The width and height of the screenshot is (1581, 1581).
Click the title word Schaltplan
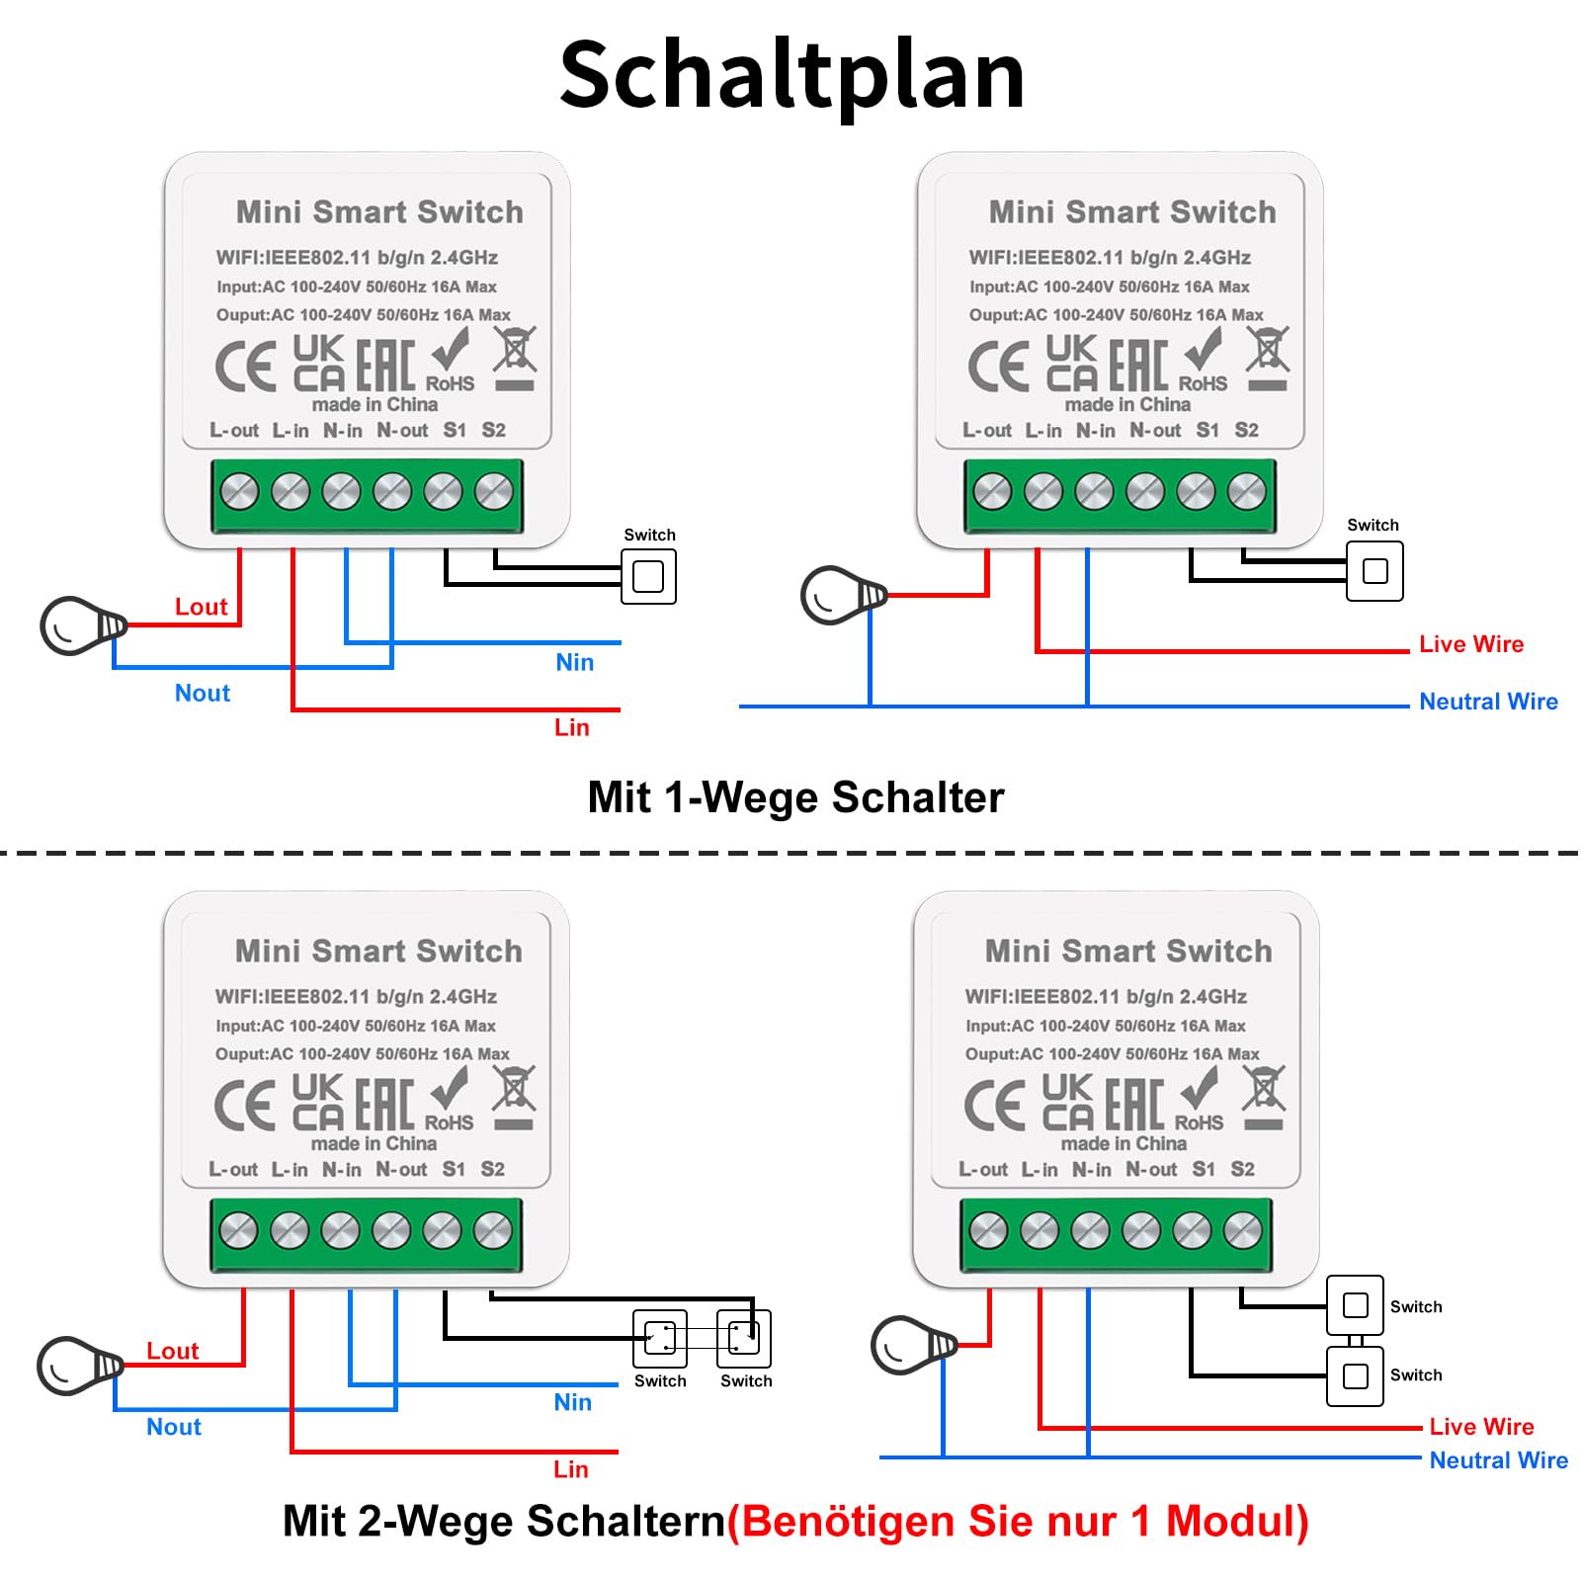click(791, 77)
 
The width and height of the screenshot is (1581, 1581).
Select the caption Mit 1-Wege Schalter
click(795, 797)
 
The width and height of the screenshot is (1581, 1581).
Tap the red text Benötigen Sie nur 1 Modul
click(1025, 1521)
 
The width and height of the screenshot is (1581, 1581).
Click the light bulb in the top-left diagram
click(83, 625)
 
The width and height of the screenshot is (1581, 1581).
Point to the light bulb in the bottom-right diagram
click(914, 1345)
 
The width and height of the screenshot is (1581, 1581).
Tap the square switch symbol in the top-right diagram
click(1374, 571)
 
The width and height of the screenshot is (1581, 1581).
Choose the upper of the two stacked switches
click(1355, 1305)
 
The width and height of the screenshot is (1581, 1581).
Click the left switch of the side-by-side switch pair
click(659, 1338)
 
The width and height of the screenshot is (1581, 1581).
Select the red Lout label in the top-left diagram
click(201, 607)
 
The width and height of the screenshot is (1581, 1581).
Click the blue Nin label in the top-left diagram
click(574, 662)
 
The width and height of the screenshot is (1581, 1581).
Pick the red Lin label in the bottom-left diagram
click(570, 1469)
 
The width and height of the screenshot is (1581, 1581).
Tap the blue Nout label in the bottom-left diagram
click(173, 1427)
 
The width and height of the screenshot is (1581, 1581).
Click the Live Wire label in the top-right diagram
click(1471, 644)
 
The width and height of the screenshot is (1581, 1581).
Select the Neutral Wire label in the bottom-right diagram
click(1498, 1460)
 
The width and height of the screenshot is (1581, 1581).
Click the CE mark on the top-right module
click(999, 367)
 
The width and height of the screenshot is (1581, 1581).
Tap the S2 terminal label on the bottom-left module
click(492, 1169)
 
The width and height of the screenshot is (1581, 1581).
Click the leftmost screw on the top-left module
click(239, 491)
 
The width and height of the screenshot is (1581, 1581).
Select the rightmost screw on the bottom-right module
click(1242, 1230)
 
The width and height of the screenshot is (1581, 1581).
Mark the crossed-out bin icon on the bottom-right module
click(1264, 1098)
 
